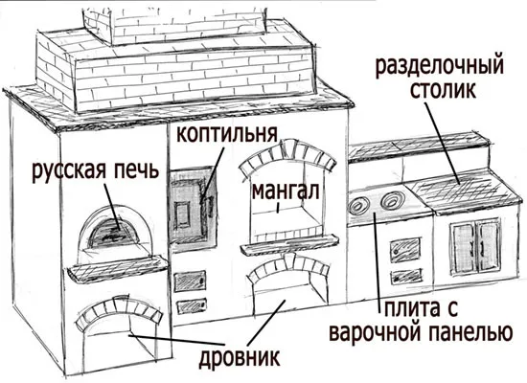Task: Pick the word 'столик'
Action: [x=447, y=94]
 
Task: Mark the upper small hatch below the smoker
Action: [x=188, y=281]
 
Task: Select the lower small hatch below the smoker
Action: [x=188, y=305]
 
